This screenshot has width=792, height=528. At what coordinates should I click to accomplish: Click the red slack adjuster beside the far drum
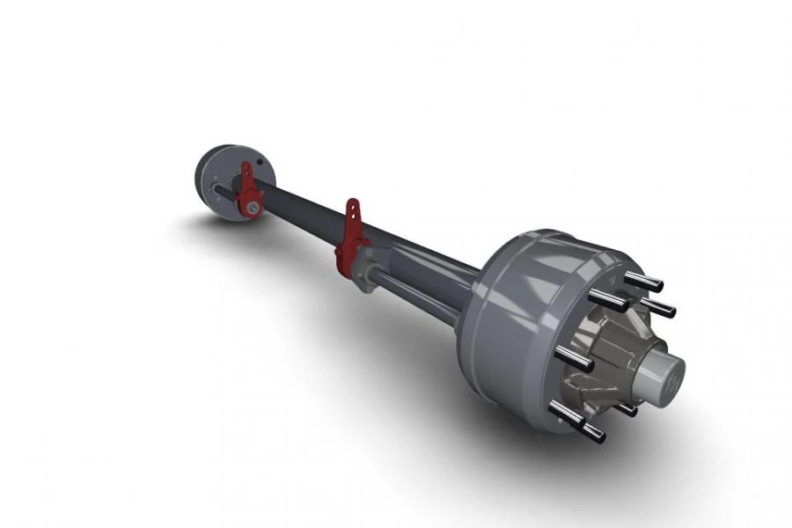pos(249,194)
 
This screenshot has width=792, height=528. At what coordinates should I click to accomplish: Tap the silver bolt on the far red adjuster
pos(253,208)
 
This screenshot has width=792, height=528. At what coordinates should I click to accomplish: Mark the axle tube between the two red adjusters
pos(299,216)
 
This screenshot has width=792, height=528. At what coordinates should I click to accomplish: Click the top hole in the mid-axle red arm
pos(353,209)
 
